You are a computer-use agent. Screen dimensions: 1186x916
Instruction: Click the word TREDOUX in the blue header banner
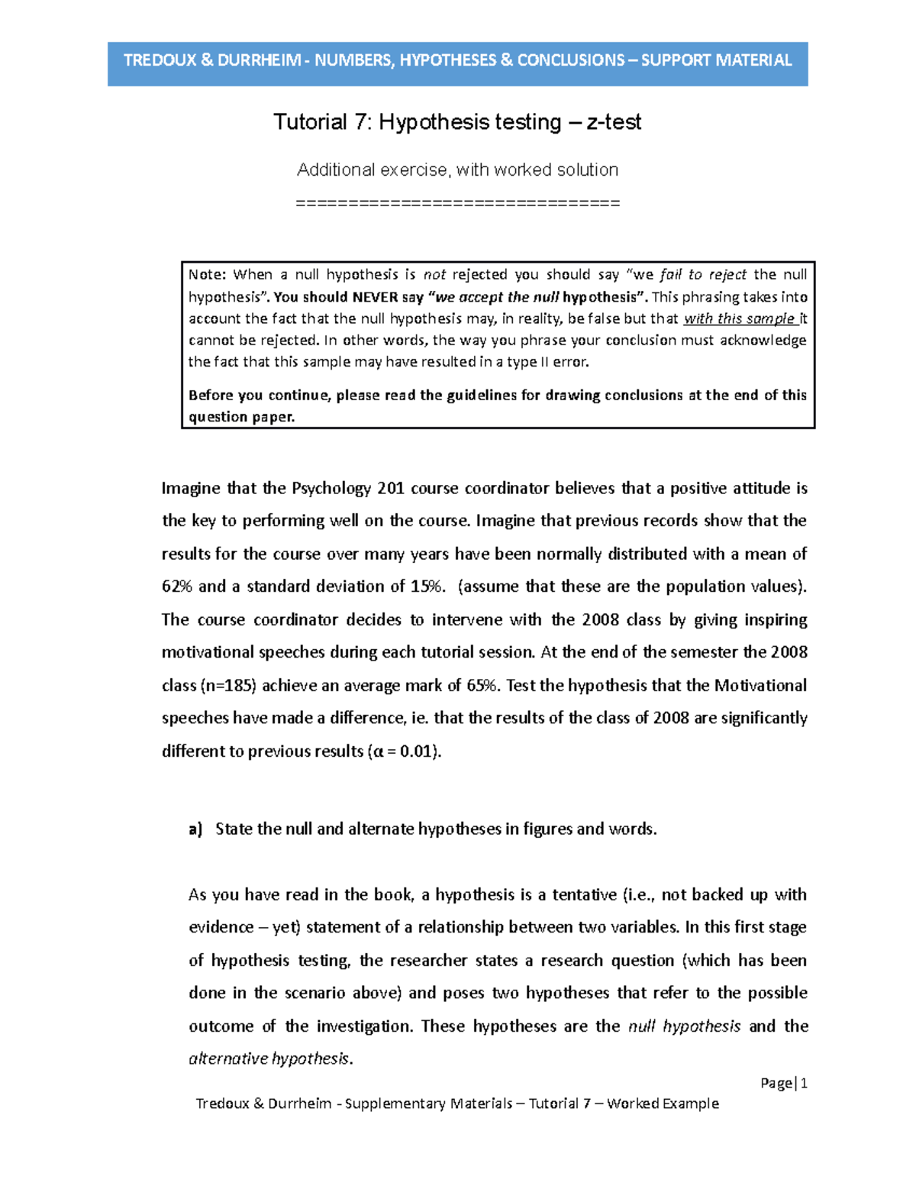coord(160,60)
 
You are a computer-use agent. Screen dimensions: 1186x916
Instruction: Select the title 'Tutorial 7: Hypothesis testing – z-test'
coord(457,122)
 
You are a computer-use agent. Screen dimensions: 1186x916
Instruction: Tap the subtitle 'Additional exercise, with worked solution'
coord(457,170)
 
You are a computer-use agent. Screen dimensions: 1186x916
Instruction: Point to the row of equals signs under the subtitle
coord(457,203)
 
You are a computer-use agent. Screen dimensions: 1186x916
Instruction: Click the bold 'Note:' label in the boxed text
coord(207,275)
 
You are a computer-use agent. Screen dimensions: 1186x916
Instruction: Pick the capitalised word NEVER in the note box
coord(375,297)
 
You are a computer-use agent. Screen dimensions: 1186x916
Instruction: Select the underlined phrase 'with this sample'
coord(738,319)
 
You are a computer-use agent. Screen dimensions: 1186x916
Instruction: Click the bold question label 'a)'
coord(195,829)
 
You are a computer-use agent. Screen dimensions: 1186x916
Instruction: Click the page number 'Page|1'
coord(784,1083)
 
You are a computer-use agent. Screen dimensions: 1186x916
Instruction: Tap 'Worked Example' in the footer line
coord(663,1104)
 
